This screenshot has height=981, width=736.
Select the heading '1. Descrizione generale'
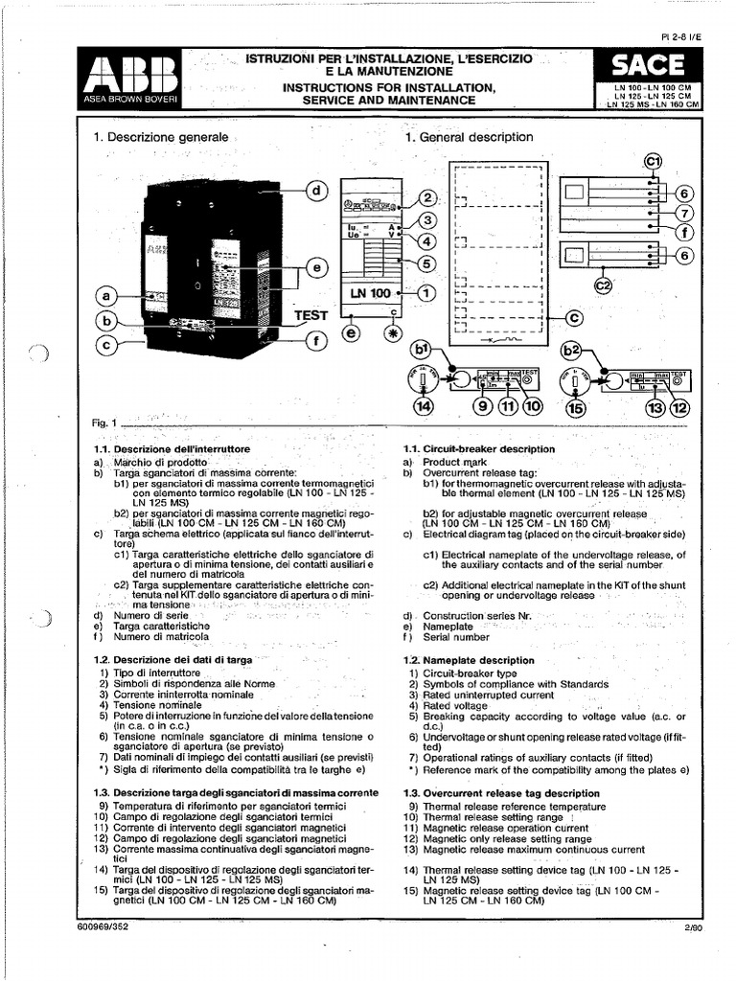(161, 137)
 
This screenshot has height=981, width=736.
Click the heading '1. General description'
(469, 137)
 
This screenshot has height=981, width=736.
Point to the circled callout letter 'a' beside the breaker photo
(106, 296)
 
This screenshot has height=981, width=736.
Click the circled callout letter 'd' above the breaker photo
(315, 192)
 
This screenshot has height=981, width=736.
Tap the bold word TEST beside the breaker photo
(310, 314)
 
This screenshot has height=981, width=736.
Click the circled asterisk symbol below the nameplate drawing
(391, 333)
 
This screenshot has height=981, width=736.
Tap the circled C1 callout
(654, 163)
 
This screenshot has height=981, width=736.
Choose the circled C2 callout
(605, 285)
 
